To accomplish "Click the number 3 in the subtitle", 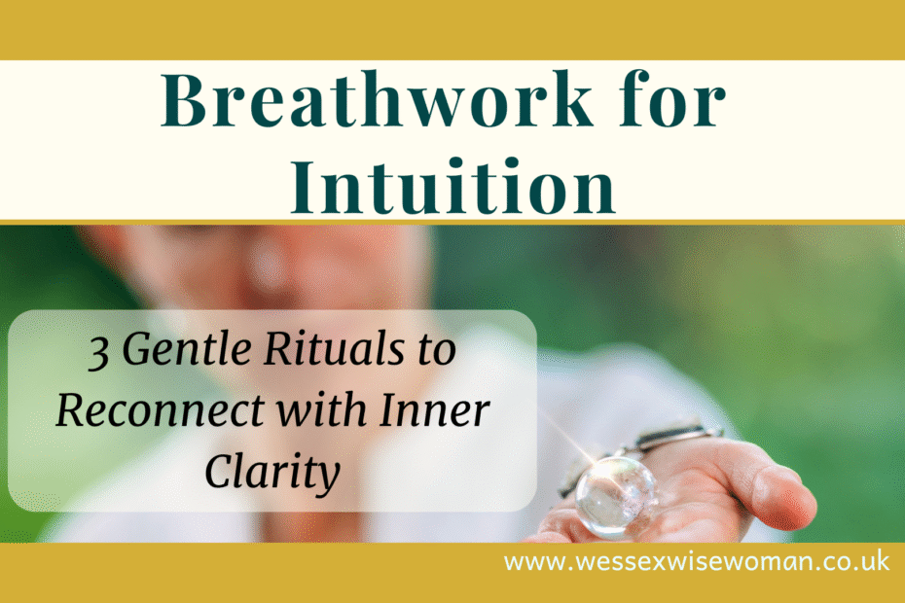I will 98,353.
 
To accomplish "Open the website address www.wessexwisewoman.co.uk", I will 696,562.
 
